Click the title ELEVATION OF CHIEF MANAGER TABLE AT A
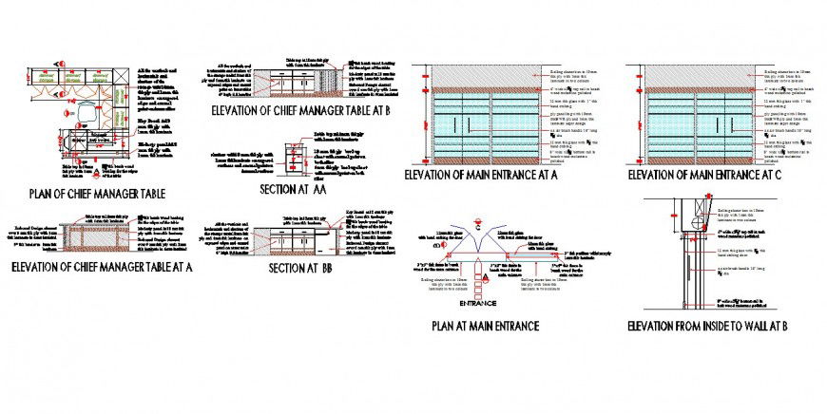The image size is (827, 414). pyautogui.click(x=101, y=267)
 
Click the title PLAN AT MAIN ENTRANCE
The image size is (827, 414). pyautogui.click(x=486, y=326)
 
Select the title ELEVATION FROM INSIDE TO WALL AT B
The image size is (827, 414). pyautogui.click(x=708, y=326)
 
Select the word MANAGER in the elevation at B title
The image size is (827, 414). pyautogui.click(x=294, y=111)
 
